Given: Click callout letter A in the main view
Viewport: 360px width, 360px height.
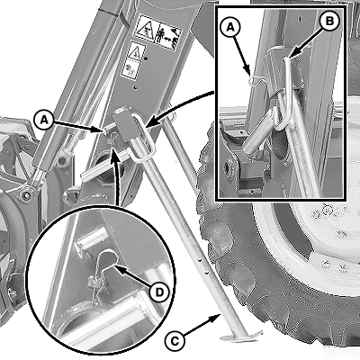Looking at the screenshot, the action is (x=44, y=120).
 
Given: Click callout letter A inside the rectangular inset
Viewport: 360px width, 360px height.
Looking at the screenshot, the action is (x=230, y=28).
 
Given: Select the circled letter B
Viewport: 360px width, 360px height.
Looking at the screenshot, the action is (x=329, y=22).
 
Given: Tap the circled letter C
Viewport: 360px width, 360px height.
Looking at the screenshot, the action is (x=175, y=341).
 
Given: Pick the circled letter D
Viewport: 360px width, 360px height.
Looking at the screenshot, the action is (x=159, y=292).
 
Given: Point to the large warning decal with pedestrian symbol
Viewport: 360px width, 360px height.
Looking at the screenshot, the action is (x=157, y=33).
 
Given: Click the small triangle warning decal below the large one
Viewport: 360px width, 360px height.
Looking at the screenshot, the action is (x=137, y=51).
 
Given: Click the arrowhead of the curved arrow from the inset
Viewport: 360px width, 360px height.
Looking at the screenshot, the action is (x=150, y=123).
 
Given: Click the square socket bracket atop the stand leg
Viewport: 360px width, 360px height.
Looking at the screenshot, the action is (x=124, y=126).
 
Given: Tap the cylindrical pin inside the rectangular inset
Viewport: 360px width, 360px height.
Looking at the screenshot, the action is (x=256, y=132).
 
